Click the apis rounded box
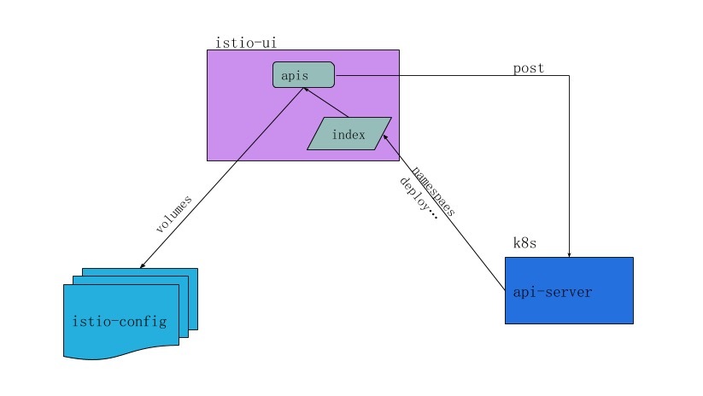(303, 75)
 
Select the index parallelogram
(349, 134)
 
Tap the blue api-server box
(569, 290)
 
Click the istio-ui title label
(247, 41)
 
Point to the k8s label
(524, 243)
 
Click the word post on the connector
(528, 68)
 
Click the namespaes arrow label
(433, 189)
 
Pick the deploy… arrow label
(419, 199)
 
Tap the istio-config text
(120, 322)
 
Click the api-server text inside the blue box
(552, 292)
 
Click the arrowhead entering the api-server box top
(569, 254)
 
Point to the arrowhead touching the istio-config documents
(142, 265)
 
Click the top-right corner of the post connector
(569, 75)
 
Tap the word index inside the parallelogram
(349, 135)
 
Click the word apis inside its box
(295, 76)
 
